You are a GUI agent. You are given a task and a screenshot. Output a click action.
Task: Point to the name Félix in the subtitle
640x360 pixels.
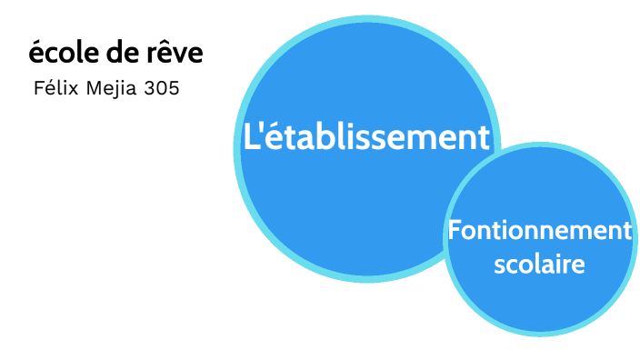[x=52, y=89]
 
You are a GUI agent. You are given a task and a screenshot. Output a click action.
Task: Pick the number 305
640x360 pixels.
[x=163, y=89]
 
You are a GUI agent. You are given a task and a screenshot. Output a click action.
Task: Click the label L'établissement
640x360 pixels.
[x=366, y=137]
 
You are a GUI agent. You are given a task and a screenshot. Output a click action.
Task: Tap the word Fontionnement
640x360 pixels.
[x=539, y=231]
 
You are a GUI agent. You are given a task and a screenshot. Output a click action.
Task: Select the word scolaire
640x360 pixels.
[x=539, y=265]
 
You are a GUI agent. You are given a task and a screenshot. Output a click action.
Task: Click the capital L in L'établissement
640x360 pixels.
[x=250, y=137]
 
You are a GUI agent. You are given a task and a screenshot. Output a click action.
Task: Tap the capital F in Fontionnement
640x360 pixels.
[x=455, y=231]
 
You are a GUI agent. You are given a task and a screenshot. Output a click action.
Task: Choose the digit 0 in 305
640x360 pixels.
[x=163, y=89]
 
